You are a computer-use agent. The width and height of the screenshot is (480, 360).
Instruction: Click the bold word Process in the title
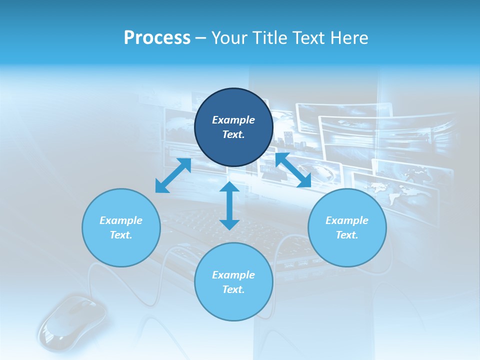pyautogui.click(x=157, y=38)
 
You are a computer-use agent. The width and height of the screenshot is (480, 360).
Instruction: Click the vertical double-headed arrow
pyautogui.click(x=229, y=206)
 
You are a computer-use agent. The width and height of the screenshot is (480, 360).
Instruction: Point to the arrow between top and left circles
pyautogui.click(x=173, y=175)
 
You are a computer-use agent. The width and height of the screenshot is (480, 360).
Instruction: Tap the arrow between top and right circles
pyautogui.click(x=293, y=170)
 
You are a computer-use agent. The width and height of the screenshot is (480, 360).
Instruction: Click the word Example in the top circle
pyautogui.click(x=233, y=120)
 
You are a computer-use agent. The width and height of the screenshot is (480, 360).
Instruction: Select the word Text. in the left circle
pyautogui.click(x=121, y=235)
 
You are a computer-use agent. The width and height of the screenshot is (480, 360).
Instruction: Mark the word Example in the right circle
pyautogui.click(x=347, y=220)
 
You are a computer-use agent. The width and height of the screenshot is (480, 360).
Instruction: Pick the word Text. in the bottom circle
pyautogui.click(x=233, y=289)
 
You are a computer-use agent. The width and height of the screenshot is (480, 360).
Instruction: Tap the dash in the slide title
pyautogui.click(x=201, y=38)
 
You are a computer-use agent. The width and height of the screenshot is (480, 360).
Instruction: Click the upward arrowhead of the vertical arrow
pyautogui.click(x=229, y=187)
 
